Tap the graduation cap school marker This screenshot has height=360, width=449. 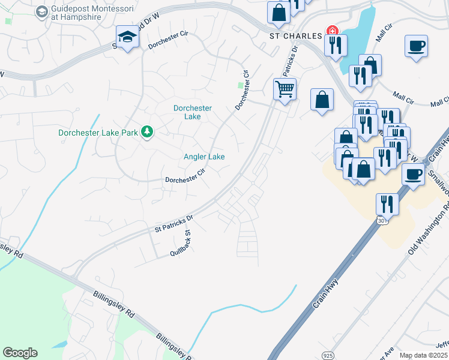pos(127,38)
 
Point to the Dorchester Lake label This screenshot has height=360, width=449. pos(192,112)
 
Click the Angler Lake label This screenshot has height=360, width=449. pos(204,157)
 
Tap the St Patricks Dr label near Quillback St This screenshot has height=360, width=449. pos(174,224)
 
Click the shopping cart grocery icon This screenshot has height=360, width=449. pos(285,89)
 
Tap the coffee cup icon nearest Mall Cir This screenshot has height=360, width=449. pos(416,46)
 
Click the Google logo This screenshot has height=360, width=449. pos(20,353)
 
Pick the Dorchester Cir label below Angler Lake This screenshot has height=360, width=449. pos(185,179)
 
